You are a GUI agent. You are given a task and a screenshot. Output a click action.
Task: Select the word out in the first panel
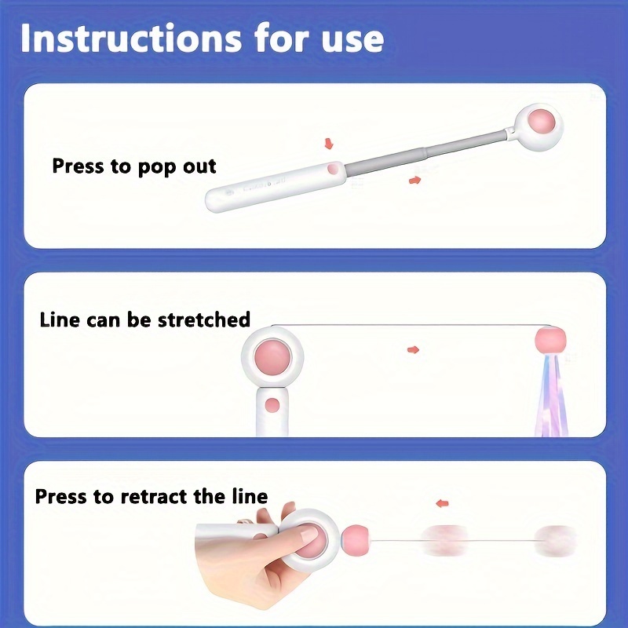click(x=199, y=166)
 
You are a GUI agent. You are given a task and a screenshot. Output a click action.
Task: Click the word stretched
click(x=204, y=319)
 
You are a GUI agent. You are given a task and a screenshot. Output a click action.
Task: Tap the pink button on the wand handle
click(x=333, y=169)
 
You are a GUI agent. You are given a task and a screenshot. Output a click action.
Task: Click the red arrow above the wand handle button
click(x=329, y=144)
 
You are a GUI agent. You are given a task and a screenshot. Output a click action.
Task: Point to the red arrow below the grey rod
click(x=415, y=181)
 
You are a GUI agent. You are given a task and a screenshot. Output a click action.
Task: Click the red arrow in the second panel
click(x=414, y=349)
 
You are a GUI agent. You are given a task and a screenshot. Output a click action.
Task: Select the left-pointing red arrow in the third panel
click(x=442, y=503)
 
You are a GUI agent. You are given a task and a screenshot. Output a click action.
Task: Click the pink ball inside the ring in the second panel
click(x=272, y=356)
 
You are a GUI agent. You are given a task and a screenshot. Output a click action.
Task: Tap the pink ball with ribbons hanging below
click(x=551, y=339)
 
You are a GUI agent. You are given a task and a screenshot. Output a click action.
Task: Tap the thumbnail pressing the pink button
click(x=309, y=533)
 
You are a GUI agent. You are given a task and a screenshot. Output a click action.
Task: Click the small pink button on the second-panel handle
click(x=272, y=405)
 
